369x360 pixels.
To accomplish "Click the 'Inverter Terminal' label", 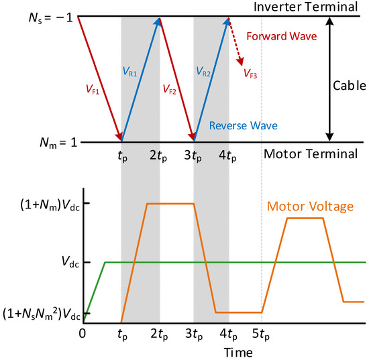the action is [306, 7].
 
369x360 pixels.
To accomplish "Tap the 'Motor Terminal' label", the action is [311, 154].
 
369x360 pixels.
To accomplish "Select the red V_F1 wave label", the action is [93, 90].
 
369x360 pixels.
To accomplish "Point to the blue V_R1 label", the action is [129, 71].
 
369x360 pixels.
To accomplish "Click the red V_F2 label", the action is [170, 90].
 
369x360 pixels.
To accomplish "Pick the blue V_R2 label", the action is [203, 71].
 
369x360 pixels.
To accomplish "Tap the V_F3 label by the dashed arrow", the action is [250, 73].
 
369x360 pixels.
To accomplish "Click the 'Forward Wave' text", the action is [282, 36].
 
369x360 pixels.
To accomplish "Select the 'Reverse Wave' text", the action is [244, 125].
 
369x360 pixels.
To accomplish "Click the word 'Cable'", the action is [350, 86].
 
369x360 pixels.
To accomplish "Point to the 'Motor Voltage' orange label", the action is [310, 206].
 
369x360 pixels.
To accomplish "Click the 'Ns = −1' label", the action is [50, 17].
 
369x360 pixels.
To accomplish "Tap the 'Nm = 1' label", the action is [58, 143].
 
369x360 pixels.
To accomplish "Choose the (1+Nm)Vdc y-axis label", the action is [50, 206].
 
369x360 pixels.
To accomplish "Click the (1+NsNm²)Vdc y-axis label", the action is [42, 314].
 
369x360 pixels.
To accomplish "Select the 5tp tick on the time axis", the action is [261, 335].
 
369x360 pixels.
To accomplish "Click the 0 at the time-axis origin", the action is [83, 333].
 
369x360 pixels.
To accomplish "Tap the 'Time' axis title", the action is [238, 353].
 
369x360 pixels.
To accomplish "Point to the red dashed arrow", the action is [235, 42].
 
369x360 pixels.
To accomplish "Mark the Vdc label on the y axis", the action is [70, 261].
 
